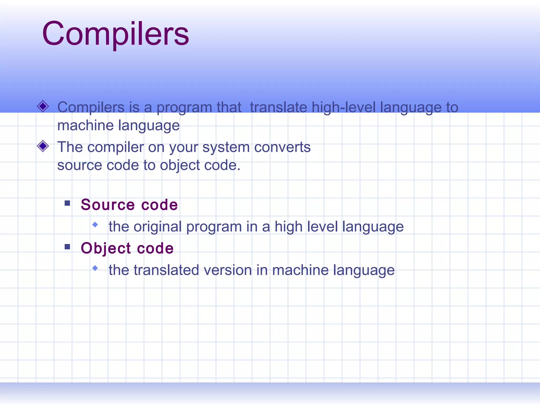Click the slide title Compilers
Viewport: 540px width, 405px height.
(x=115, y=34)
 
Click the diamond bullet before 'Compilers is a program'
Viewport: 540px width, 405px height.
(x=43, y=107)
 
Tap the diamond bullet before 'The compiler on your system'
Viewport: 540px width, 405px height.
(x=43, y=146)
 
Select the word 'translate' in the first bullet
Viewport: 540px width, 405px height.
(x=278, y=107)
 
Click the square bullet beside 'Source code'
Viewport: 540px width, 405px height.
(x=67, y=203)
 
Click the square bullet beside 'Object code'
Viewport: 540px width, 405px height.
(x=67, y=247)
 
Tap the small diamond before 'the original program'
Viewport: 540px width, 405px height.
(x=95, y=225)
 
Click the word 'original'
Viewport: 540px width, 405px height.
(x=157, y=227)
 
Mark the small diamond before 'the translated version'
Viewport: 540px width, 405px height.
(x=95, y=268)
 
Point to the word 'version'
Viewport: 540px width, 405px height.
(x=228, y=270)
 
